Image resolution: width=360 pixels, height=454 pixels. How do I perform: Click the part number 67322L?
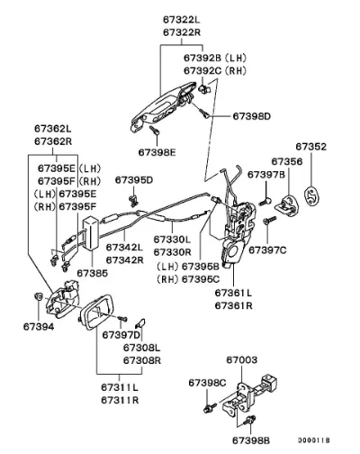(x=182, y=20)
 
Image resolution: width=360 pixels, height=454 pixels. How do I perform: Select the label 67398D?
(x=252, y=116)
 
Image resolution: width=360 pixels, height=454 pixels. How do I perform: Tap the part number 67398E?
(x=157, y=152)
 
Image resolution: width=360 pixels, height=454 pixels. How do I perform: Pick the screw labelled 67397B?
(x=265, y=201)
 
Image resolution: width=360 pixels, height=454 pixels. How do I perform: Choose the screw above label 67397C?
(x=270, y=221)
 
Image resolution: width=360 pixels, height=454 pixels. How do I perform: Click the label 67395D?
(x=134, y=180)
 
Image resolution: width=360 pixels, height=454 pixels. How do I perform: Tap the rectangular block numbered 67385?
(x=91, y=233)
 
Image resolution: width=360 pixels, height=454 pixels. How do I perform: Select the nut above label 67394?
(x=38, y=296)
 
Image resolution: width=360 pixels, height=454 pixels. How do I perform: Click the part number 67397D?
(x=121, y=334)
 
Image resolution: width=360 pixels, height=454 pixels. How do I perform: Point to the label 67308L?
(x=142, y=348)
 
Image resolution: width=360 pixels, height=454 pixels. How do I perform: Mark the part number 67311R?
(x=120, y=400)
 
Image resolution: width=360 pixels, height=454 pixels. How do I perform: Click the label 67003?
(x=242, y=359)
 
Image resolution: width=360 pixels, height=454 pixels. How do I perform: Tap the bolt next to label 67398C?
(x=210, y=408)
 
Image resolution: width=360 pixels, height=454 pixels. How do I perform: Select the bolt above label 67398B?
(x=250, y=421)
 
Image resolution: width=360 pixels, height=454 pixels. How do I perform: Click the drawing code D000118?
(x=314, y=440)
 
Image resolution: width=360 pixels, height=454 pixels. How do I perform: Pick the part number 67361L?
(x=234, y=293)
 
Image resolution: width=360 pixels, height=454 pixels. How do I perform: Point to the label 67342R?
(x=125, y=260)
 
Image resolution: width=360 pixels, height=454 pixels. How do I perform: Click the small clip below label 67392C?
(x=205, y=89)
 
